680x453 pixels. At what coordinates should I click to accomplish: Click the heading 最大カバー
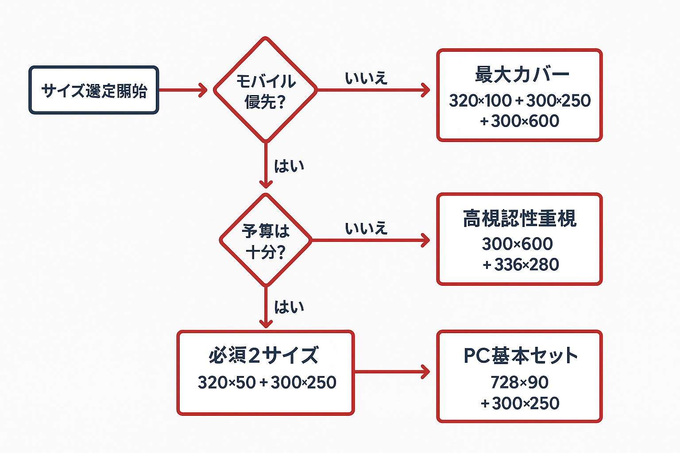pos(522,74)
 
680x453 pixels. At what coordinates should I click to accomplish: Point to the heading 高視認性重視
pos(519,219)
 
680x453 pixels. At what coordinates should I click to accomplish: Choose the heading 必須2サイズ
pos(263,355)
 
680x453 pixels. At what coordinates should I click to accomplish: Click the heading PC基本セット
pos(520,355)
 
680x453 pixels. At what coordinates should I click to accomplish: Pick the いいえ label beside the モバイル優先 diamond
pos(366,78)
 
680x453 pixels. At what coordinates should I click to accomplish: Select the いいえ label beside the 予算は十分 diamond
pos(366,228)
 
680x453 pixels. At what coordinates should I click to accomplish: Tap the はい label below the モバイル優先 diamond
pos(289,166)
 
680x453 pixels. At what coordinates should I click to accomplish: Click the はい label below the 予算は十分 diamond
pos(289,307)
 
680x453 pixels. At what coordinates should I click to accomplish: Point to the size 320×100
pos(480,101)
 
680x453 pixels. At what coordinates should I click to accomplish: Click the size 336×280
pos(526,265)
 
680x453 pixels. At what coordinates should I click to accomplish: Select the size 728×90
pos(519,382)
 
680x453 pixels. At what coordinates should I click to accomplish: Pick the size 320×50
pos(227,382)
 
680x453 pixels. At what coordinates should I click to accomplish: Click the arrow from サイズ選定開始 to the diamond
pos(183,90)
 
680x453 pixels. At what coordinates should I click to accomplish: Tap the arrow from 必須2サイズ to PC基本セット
pos(392,372)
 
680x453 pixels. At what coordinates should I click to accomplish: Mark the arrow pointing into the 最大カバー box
pos(374,90)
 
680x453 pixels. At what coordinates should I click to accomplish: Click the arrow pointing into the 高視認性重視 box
pos(371,240)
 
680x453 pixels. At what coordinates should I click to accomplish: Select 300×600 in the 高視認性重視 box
pos(517,244)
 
